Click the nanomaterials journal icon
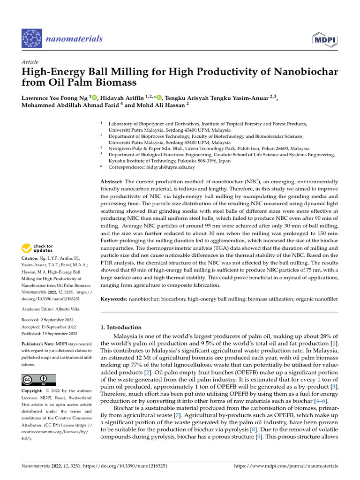(32, 38)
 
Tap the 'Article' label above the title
(30, 62)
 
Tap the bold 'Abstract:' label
(112, 181)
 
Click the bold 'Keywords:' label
(114, 298)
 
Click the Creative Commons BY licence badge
(39, 379)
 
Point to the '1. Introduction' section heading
(121, 327)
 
